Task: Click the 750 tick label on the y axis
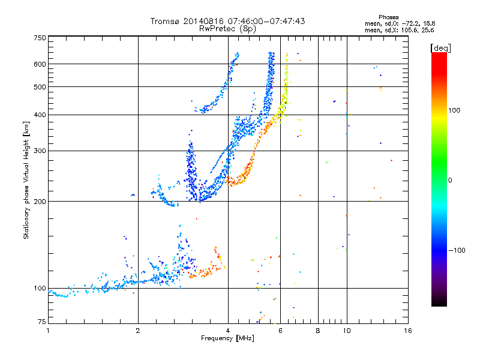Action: point(40,37)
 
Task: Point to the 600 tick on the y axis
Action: point(40,64)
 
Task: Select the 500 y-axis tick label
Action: point(40,86)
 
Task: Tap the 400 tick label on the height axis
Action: point(40,115)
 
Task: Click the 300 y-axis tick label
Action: point(40,151)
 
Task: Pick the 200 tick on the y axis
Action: point(40,201)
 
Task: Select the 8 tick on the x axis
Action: point(318,331)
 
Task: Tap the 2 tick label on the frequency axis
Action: point(138,331)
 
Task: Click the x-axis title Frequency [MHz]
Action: point(227,338)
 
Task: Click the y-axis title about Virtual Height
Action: point(26,180)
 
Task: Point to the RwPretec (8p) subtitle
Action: point(227,28)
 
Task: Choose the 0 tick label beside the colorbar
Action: point(451,180)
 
